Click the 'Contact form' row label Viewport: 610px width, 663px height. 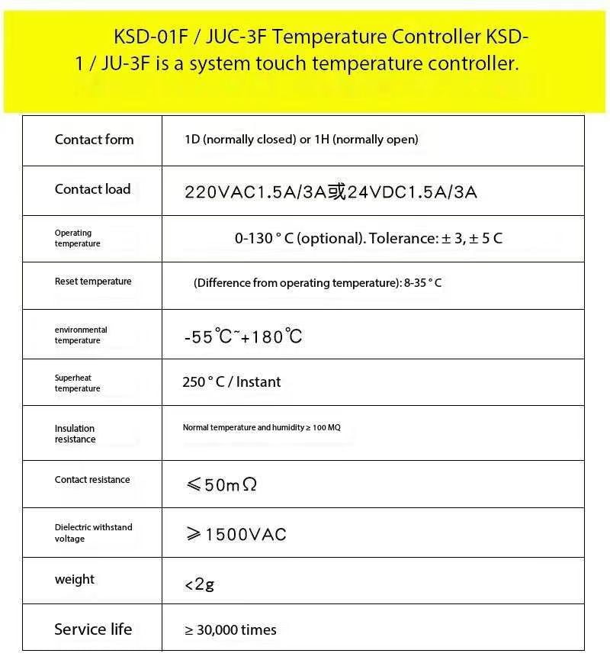94,140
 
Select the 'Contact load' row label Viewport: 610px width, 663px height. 92,189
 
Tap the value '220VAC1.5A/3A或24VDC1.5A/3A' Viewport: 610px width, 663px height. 330,192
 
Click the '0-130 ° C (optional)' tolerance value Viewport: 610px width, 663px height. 368,238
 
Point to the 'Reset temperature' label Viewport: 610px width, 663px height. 93,282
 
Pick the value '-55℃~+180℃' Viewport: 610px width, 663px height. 242,336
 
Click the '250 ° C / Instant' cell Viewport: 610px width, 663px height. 231,382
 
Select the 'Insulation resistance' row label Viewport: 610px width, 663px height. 75,433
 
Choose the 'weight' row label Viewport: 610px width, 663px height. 75,580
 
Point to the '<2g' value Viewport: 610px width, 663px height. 199,585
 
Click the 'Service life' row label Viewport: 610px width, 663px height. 93,629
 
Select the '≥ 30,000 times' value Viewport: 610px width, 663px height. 230,630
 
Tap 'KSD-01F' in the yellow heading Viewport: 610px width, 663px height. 146,37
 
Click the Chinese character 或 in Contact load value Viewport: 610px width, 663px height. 337,191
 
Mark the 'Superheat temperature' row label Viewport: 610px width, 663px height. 77,383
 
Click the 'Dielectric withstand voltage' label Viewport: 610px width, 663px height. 93,533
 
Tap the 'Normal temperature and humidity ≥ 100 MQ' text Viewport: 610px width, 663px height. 262,428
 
